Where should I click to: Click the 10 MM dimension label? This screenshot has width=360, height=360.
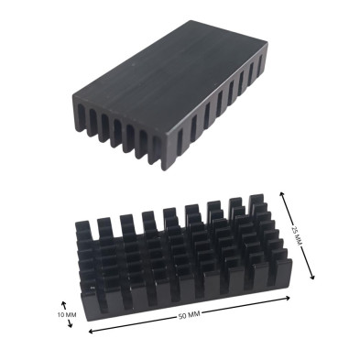click(67, 315)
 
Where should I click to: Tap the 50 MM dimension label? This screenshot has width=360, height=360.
click(189, 315)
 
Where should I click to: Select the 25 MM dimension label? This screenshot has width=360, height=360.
click(295, 235)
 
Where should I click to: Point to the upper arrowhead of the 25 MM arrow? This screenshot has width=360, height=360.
click(281, 193)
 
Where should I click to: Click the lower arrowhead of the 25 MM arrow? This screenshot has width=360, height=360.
click(312, 277)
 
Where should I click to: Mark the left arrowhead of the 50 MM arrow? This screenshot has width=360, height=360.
click(91, 331)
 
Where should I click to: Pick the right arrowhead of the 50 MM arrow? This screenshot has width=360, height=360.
click(288, 298)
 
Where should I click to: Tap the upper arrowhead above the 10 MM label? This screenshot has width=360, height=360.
click(63, 303)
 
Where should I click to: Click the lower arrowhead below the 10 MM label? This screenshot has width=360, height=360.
click(71, 325)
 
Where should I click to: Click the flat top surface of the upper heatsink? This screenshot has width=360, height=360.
click(171, 73)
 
